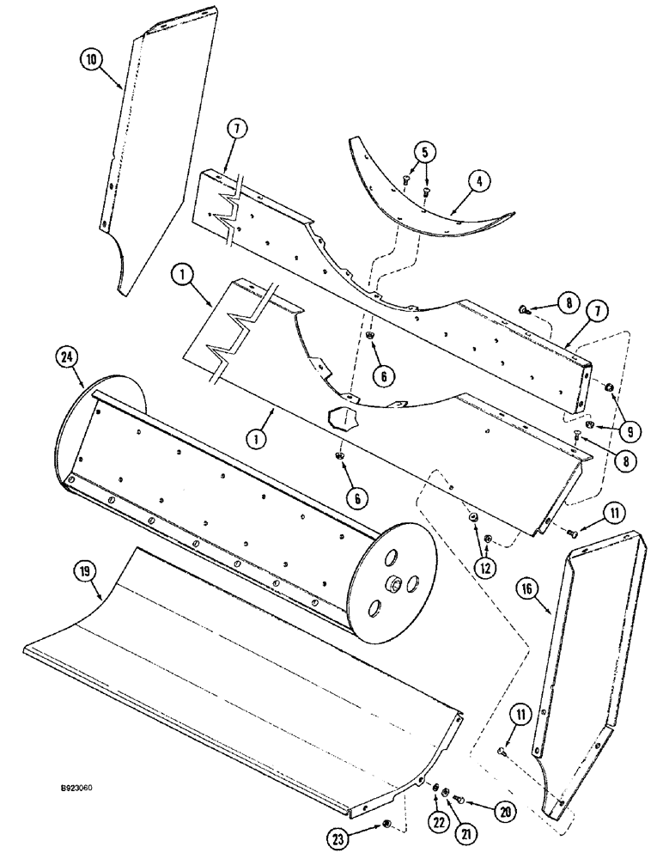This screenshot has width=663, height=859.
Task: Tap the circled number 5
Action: pos(423,153)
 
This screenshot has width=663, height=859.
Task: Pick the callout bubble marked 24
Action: pos(69,354)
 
